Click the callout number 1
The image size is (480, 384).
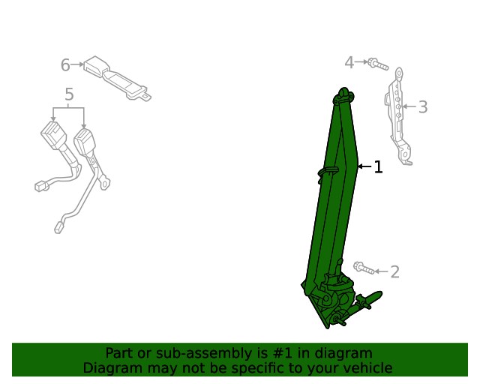378,167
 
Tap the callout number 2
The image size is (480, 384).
394,271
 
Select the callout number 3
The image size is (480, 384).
423,107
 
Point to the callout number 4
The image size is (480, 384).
349,63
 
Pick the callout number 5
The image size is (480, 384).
69,94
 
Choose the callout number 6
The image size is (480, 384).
65,65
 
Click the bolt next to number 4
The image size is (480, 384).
377,64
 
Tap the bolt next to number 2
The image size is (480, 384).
363,268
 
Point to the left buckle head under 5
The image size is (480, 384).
54,139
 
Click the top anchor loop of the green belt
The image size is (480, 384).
345,94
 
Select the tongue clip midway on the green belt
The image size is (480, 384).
327,173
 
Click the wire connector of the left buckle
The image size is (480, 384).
41,186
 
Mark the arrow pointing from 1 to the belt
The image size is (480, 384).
364,166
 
